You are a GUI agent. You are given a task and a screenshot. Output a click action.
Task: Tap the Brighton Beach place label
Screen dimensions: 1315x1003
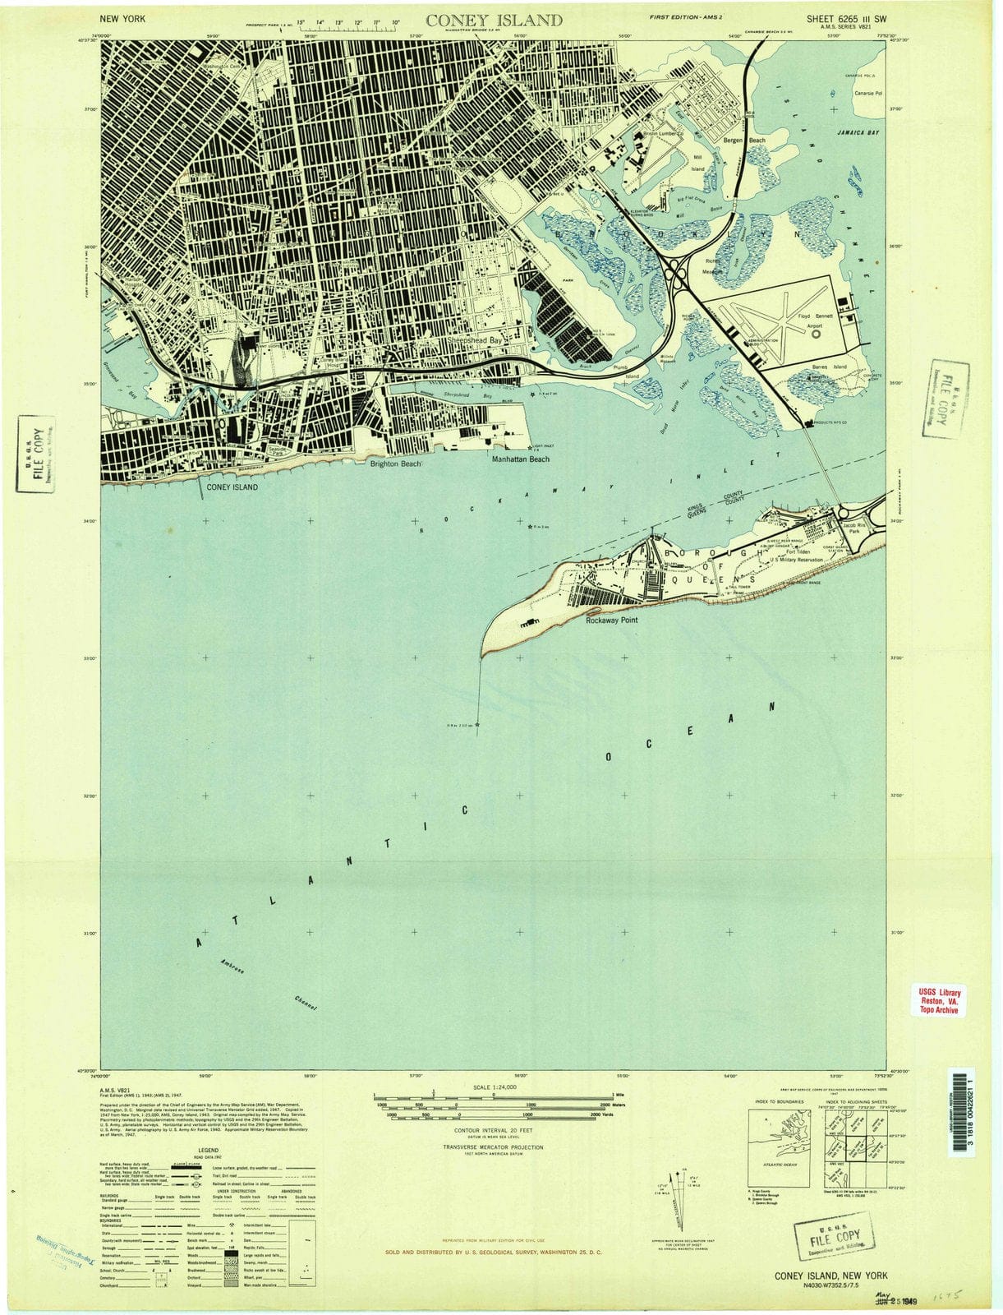[x=395, y=464]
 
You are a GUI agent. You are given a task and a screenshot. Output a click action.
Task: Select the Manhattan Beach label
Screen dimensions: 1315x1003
[x=520, y=459]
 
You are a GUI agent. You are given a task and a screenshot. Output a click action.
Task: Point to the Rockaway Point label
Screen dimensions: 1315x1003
[x=611, y=621]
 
